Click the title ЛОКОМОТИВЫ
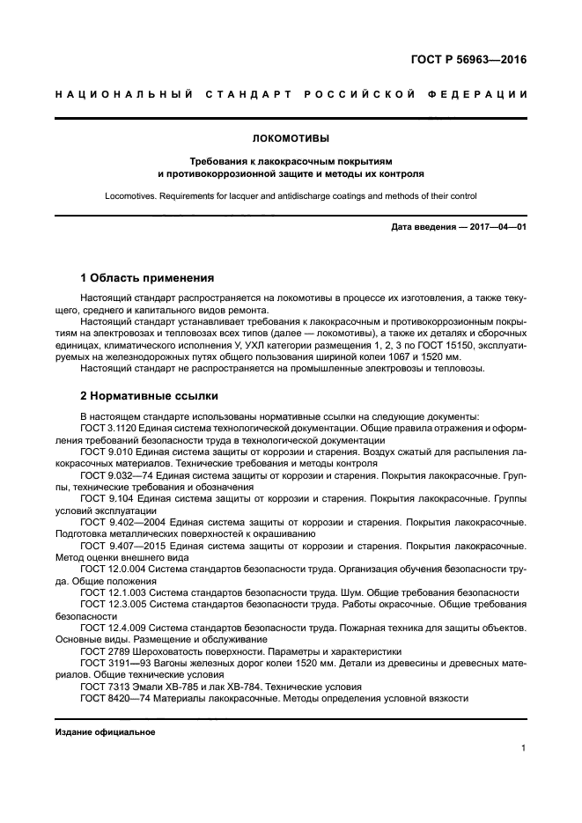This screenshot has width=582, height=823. (290, 138)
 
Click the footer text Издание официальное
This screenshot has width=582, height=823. (105, 732)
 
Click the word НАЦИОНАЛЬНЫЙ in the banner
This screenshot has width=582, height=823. (107, 94)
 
